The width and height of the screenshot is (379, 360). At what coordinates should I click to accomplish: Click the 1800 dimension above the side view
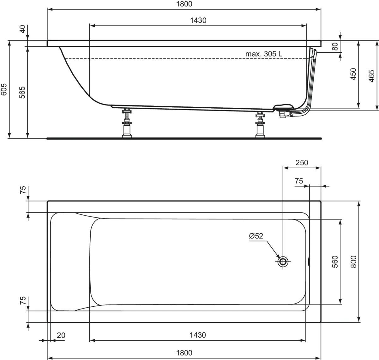(184, 4)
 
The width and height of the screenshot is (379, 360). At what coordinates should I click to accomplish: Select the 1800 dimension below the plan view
(184, 353)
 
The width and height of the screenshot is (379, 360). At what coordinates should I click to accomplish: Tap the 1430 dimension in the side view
(198, 20)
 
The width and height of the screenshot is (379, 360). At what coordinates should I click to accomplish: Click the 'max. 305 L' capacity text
(264, 54)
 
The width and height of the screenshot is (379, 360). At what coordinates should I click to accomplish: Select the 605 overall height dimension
(4, 89)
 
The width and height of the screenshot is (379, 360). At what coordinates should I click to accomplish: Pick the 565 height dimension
(22, 93)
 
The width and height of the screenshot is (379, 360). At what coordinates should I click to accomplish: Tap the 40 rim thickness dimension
(22, 30)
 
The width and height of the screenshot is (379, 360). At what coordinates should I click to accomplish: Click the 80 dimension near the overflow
(335, 46)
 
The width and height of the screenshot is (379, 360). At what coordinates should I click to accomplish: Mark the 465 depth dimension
(372, 76)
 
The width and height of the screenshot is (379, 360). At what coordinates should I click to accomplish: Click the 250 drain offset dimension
(302, 163)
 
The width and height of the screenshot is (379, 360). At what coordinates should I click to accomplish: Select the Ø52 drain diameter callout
(256, 236)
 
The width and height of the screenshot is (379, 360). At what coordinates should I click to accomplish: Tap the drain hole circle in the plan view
(283, 261)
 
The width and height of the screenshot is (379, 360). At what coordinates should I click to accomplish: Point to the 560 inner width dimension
(335, 262)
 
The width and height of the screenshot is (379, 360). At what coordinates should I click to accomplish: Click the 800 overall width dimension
(353, 262)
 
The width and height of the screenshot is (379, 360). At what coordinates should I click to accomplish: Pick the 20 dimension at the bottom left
(61, 335)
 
